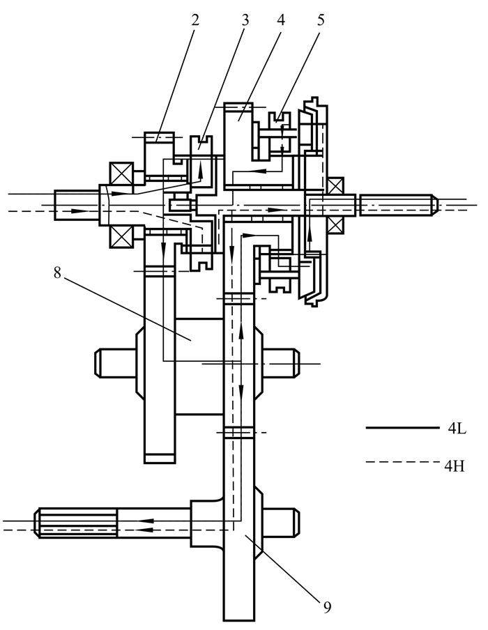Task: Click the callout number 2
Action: [195, 20]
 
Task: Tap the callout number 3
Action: [245, 20]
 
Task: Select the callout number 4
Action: [281, 20]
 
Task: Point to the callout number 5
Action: [321, 20]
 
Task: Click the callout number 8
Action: [57, 272]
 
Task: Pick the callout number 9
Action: [327, 607]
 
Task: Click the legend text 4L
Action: [457, 429]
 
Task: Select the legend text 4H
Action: [455, 466]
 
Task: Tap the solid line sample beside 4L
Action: [403, 428]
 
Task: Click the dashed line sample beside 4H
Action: [403, 462]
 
